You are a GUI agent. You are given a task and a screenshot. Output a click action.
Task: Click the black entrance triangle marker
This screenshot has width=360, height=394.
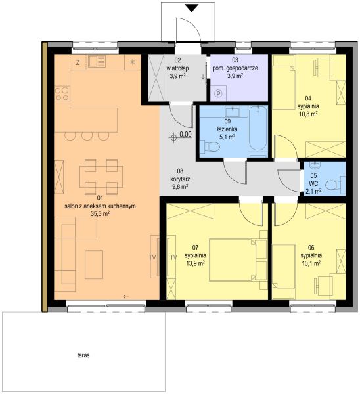192,8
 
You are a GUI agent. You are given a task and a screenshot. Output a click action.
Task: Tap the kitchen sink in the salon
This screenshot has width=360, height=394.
97,62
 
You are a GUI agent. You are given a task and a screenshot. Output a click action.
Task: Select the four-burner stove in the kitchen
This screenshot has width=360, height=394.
62,93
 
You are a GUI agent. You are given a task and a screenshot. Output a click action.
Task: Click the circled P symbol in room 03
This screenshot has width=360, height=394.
219,94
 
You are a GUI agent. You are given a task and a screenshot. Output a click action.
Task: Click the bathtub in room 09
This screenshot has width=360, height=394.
258,128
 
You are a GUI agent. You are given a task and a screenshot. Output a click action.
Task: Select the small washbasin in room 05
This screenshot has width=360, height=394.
315,165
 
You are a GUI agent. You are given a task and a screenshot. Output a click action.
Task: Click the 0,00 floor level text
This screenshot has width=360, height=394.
185,135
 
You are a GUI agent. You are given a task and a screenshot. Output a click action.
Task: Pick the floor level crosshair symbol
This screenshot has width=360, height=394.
173,137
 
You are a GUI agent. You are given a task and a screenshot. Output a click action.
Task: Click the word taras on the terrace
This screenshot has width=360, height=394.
83,355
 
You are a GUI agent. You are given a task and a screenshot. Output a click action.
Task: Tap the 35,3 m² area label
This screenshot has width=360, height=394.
100,214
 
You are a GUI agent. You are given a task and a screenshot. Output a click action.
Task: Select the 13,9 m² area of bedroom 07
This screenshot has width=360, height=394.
195,263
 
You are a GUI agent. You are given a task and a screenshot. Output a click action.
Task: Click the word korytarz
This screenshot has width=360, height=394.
180,179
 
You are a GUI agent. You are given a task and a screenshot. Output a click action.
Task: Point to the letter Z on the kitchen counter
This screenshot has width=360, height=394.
78,62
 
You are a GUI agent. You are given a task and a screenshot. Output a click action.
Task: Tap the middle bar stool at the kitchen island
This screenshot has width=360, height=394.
87,136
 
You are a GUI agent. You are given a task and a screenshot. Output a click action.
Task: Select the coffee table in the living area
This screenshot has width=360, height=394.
94,265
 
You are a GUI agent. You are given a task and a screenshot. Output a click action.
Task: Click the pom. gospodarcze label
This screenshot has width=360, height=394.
235,68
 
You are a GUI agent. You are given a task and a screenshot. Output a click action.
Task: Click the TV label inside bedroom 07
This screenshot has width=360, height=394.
173,257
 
